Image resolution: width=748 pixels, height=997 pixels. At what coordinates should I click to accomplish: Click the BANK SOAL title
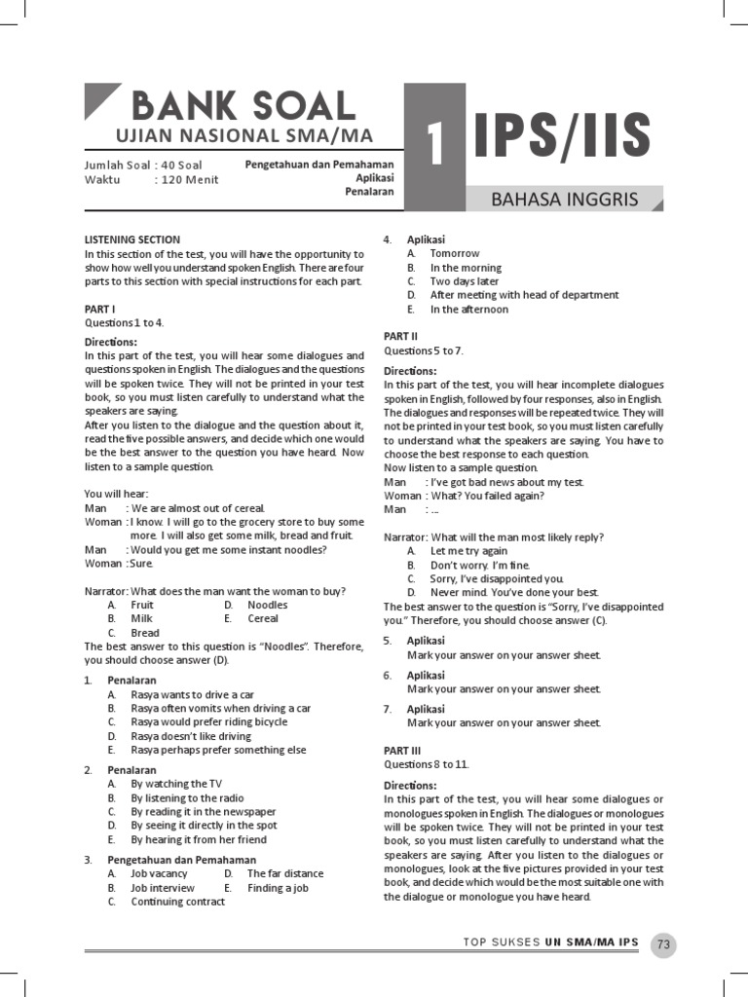point(243,105)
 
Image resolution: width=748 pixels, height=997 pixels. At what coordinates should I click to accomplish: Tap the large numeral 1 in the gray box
point(435,146)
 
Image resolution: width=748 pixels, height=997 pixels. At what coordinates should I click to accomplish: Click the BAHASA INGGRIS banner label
point(565,201)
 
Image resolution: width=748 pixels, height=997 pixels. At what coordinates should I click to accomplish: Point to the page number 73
point(664,943)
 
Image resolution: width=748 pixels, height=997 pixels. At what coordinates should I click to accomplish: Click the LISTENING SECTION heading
point(131,240)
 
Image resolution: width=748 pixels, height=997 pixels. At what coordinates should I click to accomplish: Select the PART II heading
point(400,336)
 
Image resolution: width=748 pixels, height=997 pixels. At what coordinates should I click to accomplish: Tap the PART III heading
point(402,751)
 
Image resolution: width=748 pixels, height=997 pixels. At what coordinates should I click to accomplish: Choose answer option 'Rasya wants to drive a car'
point(193,694)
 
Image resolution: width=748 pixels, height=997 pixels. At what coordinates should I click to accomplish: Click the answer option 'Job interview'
point(163,888)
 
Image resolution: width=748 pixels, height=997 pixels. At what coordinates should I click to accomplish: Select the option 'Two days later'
point(465,281)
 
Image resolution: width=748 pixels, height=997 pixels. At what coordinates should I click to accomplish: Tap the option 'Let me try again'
point(468,551)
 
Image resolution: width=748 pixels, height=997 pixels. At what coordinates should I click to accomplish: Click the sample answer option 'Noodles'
point(268,605)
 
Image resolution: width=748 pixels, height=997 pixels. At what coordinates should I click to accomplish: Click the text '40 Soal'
point(182,165)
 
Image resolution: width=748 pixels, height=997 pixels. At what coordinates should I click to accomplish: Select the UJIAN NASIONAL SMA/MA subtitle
point(243,135)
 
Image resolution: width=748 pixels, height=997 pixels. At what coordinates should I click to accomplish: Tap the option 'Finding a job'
point(278,888)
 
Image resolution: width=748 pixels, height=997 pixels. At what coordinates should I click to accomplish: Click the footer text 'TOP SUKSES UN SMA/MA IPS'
point(550,942)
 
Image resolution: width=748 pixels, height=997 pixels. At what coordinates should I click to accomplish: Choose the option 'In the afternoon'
point(469,310)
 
